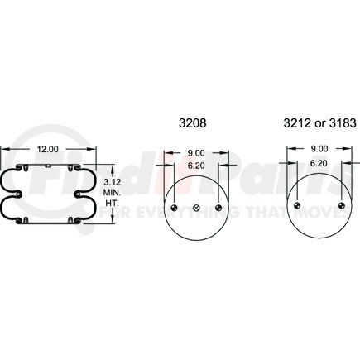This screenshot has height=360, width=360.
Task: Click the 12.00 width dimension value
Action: tap(48, 149)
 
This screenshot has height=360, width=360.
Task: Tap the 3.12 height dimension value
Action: tap(113, 182)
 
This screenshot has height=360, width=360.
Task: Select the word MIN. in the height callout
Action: tap(113, 192)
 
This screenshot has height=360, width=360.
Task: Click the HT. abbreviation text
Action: tap(113, 204)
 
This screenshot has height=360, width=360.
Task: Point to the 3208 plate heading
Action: tap(192, 123)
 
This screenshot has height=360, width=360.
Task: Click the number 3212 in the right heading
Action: tap(297, 123)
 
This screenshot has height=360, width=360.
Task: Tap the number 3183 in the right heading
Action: tap(343, 123)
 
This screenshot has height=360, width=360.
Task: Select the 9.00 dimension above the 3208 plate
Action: tap(196, 153)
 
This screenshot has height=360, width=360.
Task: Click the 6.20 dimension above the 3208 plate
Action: tap(196, 166)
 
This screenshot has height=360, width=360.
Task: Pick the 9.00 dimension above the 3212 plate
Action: tap(319, 149)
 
